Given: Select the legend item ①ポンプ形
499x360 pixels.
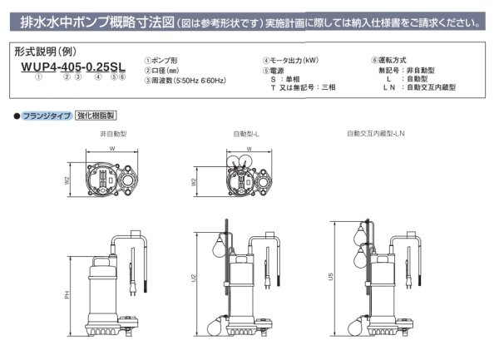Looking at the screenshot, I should [x=164, y=61].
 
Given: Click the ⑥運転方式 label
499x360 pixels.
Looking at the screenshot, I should [x=389, y=61].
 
